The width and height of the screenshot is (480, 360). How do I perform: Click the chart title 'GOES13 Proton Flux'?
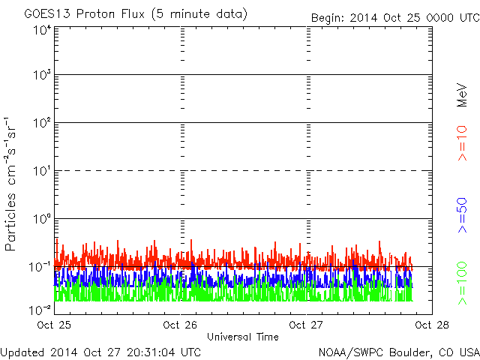pos(85,14)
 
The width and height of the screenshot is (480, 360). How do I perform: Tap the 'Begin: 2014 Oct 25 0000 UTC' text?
pos(395,18)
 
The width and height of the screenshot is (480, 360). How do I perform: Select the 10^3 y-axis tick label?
pos(43,75)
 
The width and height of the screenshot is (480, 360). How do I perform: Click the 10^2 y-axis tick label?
pos(43,123)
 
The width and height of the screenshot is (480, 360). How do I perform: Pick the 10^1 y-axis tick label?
pos(43,171)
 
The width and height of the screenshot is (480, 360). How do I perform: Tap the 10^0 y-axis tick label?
pos(43,219)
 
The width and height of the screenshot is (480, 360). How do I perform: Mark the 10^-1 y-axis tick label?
pos(40,267)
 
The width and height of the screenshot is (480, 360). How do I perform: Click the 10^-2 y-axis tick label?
pos(40,310)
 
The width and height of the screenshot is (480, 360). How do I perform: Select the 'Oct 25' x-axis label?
pos(54,325)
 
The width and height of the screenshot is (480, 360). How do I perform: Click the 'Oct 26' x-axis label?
pos(180,325)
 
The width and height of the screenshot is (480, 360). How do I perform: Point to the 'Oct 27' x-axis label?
pos(306,325)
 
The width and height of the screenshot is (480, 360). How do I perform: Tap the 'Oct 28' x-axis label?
pos(432,325)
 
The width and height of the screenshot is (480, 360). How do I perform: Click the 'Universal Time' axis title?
pos(243,337)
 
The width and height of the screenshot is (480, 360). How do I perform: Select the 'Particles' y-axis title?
pos(10,222)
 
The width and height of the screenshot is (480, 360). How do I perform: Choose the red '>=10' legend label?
pos(462,143)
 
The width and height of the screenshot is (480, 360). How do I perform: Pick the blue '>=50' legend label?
pos(462,215)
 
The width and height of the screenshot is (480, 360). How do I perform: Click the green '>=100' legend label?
pos(462,283)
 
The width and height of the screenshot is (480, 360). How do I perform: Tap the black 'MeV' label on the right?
pos(462,95)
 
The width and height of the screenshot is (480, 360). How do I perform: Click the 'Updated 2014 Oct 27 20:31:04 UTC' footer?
pos(100,352)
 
